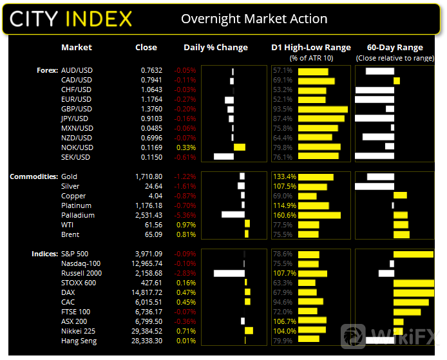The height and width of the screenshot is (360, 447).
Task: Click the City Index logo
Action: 71,18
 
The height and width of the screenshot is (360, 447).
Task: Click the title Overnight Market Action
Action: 254,19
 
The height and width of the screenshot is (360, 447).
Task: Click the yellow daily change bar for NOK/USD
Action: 240,147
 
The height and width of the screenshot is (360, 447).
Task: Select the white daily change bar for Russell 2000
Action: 229,273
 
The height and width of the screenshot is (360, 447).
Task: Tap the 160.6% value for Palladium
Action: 285,215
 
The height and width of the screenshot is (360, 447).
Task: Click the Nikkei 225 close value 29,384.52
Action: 147,331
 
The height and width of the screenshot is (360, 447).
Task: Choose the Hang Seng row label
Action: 79,341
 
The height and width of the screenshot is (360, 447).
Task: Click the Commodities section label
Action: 32,176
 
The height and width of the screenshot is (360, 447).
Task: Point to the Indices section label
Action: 44,254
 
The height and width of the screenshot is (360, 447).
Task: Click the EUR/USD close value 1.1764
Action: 151,99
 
